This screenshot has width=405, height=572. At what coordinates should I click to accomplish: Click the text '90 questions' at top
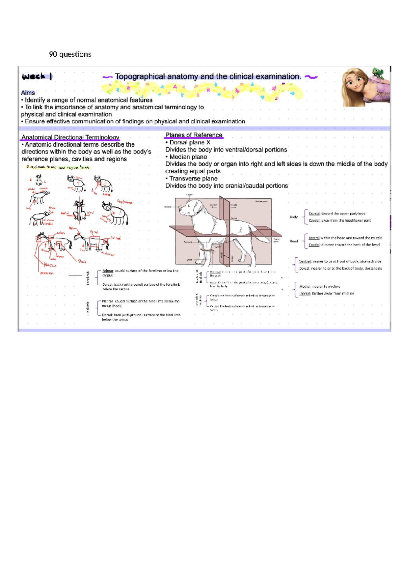70,54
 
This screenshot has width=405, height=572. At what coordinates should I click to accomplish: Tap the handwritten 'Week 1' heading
37,77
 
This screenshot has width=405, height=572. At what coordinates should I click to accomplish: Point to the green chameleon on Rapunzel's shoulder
378,73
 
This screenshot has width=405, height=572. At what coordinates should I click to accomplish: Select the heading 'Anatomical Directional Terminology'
70,137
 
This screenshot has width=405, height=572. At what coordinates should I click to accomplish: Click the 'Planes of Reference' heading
194,135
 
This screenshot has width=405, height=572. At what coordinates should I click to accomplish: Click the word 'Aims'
28,93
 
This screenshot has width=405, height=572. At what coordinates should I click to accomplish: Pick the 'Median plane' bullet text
188,157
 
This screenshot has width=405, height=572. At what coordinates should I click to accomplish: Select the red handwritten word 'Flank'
82,261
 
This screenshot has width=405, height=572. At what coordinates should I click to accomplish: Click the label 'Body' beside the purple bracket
294,217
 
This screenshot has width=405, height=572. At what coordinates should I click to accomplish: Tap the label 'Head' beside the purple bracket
294,241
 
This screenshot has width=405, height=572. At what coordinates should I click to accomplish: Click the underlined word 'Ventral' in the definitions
305,261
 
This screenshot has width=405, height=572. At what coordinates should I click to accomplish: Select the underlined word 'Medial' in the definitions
304,286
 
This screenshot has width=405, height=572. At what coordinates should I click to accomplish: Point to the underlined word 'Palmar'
108,271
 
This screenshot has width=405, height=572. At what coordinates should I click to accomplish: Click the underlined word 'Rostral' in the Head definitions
314,238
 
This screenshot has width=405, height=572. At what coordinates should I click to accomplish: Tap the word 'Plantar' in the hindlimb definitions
108,301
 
